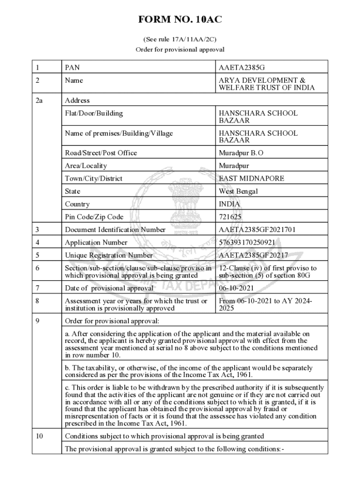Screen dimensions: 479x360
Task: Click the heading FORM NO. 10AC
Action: tap(180, 20)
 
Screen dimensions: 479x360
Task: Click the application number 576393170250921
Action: tap(247, 242)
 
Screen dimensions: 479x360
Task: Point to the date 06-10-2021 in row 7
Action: tap(237, 288)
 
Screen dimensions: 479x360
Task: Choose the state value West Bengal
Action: tap(238, 191)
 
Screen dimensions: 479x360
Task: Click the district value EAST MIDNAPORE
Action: tap(252, 179)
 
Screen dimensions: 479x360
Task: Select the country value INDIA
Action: tap(230, 204)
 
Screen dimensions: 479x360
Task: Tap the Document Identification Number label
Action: tap(115, 230)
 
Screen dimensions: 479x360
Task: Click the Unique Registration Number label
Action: tap(109, 255)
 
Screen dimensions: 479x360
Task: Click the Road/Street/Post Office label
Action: tap(101, 153)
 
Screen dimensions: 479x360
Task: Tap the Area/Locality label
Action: tap(86, 166)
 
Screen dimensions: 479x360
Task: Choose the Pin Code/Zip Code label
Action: tap(94, 217)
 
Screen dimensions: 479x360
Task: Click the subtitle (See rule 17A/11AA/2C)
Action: tap(180, 39)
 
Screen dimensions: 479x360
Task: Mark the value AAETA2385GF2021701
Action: tap(257, 230)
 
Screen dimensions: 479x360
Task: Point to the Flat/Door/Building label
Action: tap(94, 113)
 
